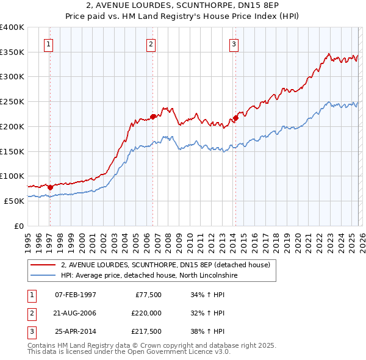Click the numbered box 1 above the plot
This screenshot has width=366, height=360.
pos(48,43)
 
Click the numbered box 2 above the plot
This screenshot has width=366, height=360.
pos(151,43)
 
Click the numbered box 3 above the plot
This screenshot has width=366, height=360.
pos(234,43)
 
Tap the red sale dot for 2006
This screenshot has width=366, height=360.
pos(152,116)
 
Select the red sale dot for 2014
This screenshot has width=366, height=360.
pos(235,118)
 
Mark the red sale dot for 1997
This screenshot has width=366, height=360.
pos(50,187)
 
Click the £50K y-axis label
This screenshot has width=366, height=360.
pos(13,200)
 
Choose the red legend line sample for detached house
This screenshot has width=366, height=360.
pos(43,265)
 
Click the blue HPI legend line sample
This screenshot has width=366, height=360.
pos(43,275)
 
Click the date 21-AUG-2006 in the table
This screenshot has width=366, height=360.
pos(76,313)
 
